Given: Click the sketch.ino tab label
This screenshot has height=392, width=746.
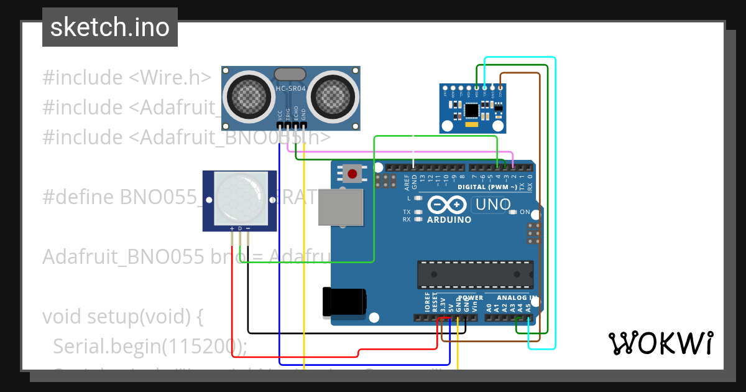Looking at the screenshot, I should (109, 27).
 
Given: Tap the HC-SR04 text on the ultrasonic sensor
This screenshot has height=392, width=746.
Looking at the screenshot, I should (291, 89).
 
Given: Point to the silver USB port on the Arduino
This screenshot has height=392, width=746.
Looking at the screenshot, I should (340, 207).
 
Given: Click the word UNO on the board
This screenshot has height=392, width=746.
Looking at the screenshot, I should (492, 204).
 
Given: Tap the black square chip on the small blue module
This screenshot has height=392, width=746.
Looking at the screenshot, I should (472, 110).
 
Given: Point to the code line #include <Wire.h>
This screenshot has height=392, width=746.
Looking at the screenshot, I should (127, 78).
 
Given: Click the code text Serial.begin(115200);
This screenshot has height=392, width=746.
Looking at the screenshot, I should (150, 346).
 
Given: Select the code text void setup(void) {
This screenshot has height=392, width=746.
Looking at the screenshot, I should (123, 317).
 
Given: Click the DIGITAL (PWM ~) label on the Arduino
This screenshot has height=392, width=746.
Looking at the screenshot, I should (487, 187).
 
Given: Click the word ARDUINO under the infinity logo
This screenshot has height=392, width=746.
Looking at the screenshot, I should (449, 220).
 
